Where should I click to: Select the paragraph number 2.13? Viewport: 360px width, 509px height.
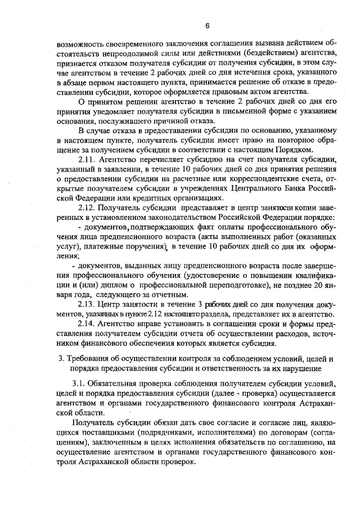[88, 304]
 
